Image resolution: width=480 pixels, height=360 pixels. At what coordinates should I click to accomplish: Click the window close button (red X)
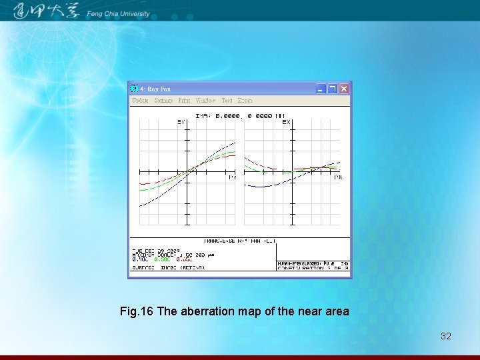point(344,89)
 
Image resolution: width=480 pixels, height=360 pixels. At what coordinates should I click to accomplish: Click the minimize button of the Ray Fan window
point(321,89)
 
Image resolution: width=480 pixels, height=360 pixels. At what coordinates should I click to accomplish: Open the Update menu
point(140,101)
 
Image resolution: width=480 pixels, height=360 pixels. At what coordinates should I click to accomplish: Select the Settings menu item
point(163,101)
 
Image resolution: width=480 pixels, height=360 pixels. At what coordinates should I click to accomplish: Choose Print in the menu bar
point(184,101)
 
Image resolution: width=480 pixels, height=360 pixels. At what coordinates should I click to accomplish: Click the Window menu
point(205,101)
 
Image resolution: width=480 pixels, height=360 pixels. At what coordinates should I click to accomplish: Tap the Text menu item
point(227,101)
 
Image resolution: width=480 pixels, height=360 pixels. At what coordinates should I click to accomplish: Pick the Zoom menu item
point(245,101)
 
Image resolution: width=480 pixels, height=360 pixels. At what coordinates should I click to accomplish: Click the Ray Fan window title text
point(159,89)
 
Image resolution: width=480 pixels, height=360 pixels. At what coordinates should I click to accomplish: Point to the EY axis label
point(181,122)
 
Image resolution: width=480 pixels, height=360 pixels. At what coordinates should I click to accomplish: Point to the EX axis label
point(286,122)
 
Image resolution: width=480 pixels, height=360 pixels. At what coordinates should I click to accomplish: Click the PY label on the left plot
point(232,177)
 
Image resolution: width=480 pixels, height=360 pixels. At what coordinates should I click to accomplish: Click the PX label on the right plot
point(338,177)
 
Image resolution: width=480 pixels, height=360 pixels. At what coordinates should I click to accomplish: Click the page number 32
point(446,336)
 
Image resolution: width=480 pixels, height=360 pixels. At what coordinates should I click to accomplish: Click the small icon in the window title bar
point(135,89)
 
